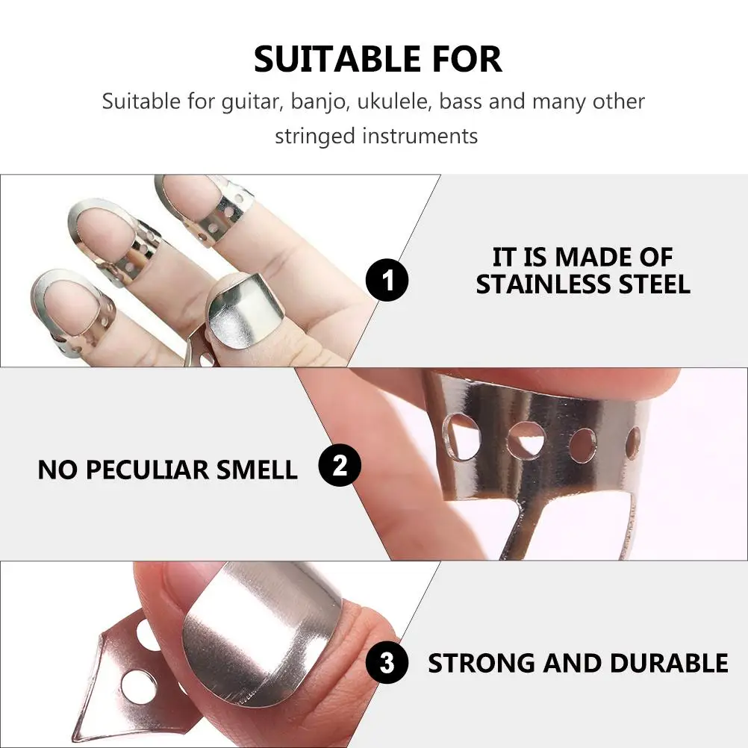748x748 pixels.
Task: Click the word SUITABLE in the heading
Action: [x=337, y=59]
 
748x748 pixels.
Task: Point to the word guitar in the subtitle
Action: [x=250, y=102]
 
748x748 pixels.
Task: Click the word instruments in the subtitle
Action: [x=420, y=136]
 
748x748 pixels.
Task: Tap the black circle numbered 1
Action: [x=387, y=280]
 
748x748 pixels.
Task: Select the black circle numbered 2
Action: [x=340, y=465]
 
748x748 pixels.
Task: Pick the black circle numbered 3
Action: [x=387, y=663]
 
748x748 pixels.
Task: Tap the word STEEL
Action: [x=655, y=285]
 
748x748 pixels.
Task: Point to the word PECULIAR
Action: [x=147, y=470]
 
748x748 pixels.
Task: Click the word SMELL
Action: [x=257, y=470]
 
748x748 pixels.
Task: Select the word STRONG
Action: [x=481, y=663]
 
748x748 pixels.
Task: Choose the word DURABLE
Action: [x=669, y=663]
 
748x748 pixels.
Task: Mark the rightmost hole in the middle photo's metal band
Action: [x=633, y=443]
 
